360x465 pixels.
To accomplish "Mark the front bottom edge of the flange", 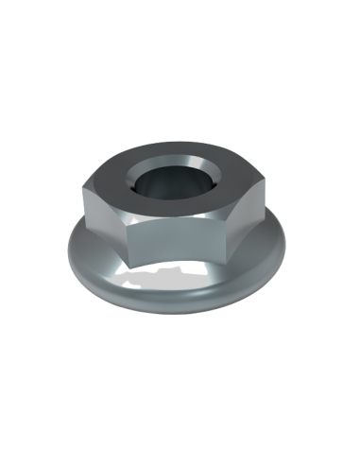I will pyautogui.click(x=180, y=321).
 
